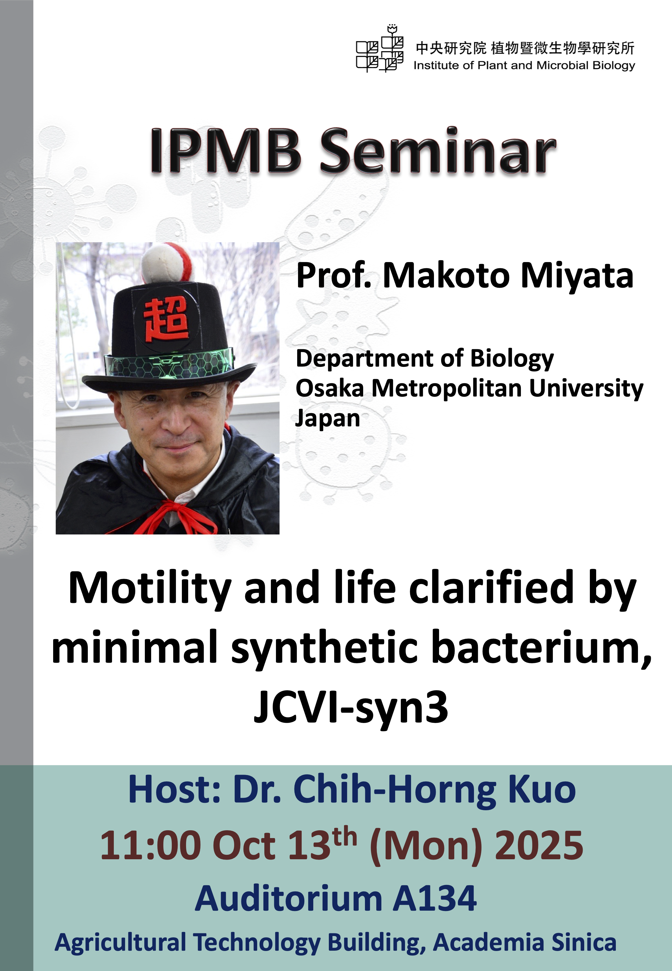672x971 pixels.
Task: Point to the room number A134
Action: tap(435, 899)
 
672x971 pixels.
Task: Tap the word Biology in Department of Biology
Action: tap(512, 359)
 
